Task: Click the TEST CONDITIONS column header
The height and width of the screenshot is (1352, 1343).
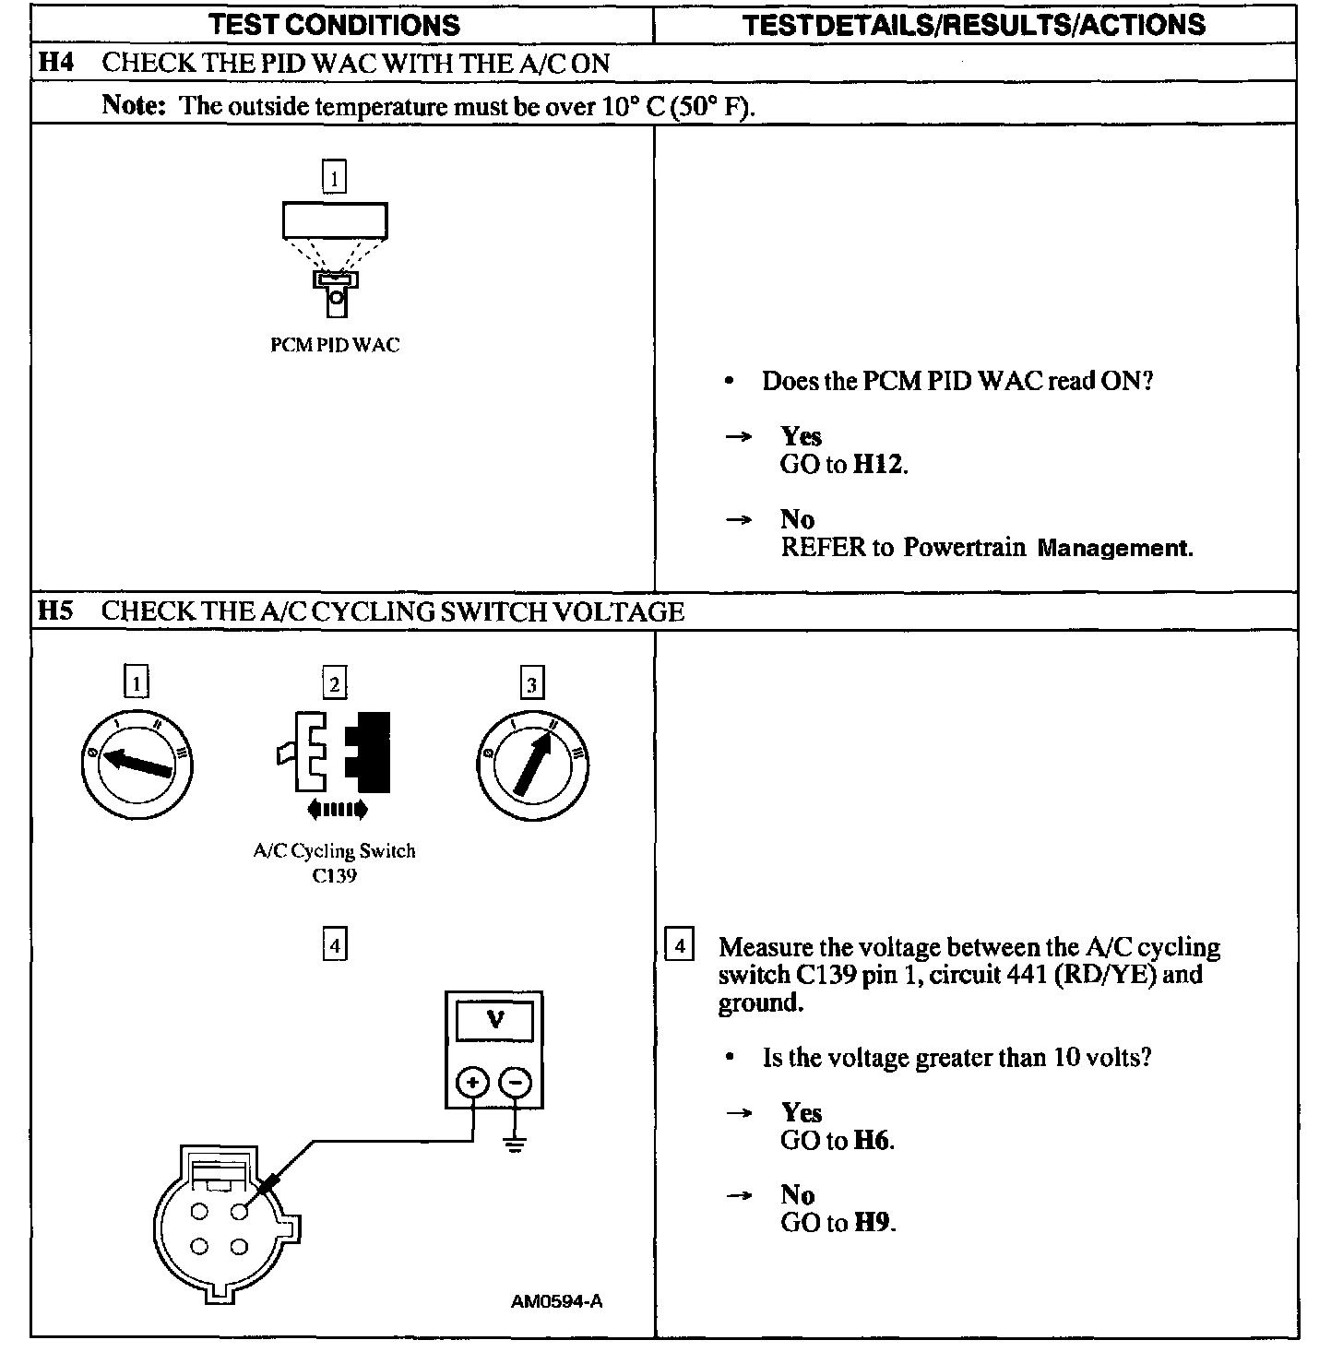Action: [x=334, y=24]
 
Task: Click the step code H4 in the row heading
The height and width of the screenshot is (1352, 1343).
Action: [x=54, y=63]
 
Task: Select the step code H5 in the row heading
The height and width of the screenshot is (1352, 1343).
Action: [x=54, y=611]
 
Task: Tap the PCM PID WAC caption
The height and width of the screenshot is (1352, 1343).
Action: [x=335, y=345]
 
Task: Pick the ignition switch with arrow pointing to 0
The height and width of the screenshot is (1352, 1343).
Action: [x=137, y=764]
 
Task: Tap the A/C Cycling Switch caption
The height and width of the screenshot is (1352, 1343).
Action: [x=334, y=850]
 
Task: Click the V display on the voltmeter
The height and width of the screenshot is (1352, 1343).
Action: [x=494, y=1020]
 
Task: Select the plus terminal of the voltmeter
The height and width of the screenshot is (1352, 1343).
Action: [x=472, y=1083]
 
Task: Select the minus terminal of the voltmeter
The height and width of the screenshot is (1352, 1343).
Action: [x=516, y=1083]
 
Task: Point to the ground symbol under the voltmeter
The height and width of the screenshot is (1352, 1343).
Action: [x=515, y=1146]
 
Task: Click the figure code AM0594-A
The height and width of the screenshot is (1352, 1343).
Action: [x=556, y=1302]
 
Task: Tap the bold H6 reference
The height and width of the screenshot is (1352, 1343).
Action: [x=872, y=1141]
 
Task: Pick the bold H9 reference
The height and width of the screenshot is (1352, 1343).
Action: [x=873, y=1223]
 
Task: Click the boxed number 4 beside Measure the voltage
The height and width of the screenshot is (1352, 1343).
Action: [x=679, y=946]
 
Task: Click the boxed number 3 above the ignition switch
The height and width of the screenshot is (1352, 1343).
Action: [x=532, y=684]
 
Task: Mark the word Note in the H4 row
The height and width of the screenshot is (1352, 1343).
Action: [x=133, y=105]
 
